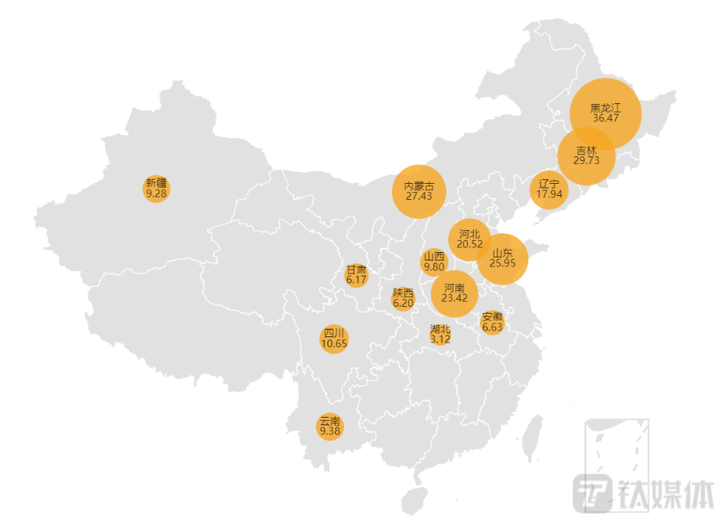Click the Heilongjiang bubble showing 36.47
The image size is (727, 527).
click(x=605, y=113)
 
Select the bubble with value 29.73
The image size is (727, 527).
click(x=586, y=156)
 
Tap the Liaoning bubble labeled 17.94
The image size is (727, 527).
click(x=548, y=189)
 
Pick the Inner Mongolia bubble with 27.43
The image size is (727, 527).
click(x=419, y=191)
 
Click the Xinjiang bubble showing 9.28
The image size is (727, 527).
click(x=156, y=188)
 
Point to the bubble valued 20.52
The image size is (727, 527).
click(x=469, y=239)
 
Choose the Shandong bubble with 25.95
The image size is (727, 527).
click(x=502, y=259)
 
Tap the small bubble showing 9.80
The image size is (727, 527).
click(x=434, y=262)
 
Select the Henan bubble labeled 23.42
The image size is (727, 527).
click(x=454, y=293)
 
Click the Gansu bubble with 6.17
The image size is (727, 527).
click(x=356, y=276)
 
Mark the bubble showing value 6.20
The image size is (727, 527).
click(x=403, y=298)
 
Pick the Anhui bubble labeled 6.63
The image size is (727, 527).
click(x=492, y=323)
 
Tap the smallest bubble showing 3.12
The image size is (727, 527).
click(x=440, y=334)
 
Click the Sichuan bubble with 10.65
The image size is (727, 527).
click(x=334, y=339)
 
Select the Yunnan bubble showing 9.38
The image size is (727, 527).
click(x=330, y=427)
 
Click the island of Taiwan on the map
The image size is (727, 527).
click(x=535, y=436)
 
